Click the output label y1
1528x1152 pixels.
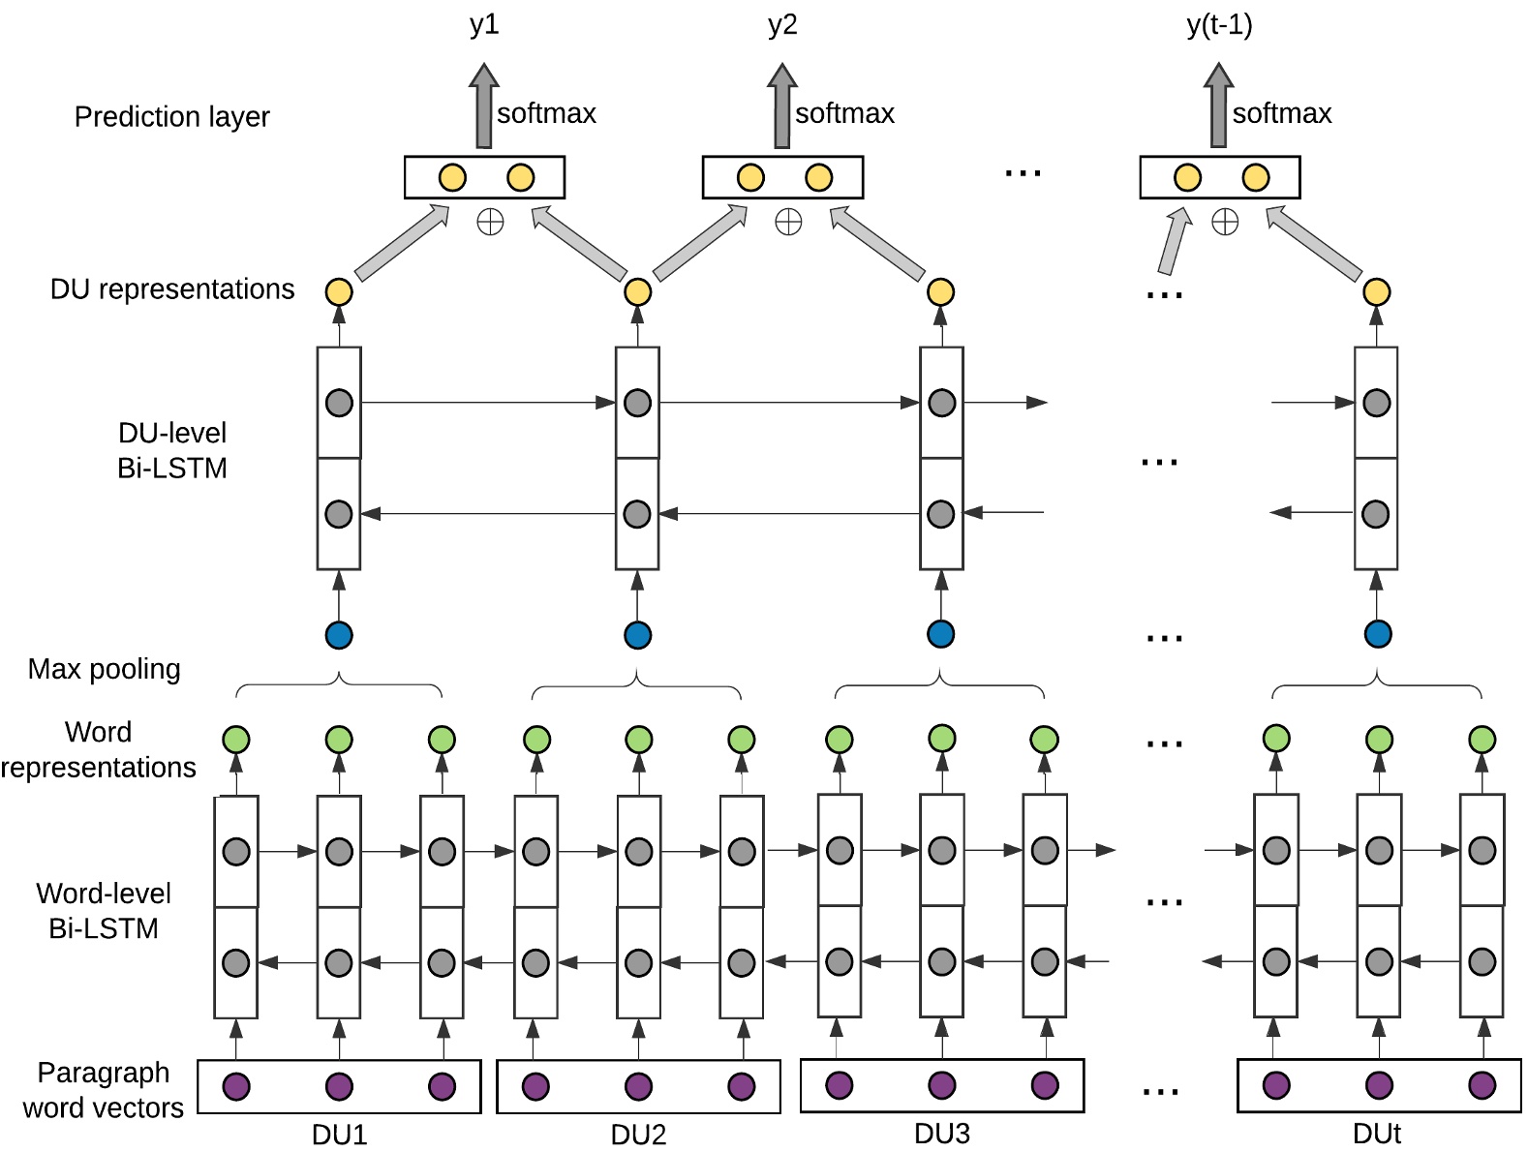[x=484, y=24]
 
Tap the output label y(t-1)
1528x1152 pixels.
[x=1219, y=24]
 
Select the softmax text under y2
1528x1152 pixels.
[x=844, y=113]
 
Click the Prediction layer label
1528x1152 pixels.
[x=171, y=117]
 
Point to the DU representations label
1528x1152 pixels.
[x=172, y=289]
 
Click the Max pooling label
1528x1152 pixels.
[x=104, y=669]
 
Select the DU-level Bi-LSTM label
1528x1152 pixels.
[x=171, y=450]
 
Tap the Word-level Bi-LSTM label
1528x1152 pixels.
[x=103, y=911]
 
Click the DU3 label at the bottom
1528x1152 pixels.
[x=941, y=1134]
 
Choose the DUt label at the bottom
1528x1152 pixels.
[x=1376, y=1134]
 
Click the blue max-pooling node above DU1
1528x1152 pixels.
[x=339, y=635]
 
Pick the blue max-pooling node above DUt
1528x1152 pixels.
[x=1377, y=634]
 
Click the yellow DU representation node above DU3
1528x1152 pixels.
[x=940, y=291]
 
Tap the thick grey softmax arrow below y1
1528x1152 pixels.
[x=484, y=106]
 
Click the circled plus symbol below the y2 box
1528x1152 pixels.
[x=788, y=223]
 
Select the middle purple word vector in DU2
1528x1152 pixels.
[x=638, y=1086]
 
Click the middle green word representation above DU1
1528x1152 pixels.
[x=339, y=740]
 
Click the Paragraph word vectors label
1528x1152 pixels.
[x=103, y=1090]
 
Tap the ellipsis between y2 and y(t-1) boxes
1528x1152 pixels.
[x=1023, y=173]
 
